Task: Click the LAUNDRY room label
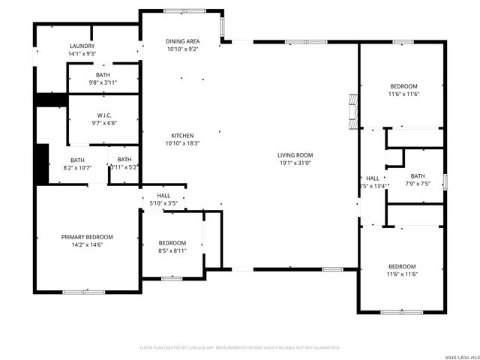82,46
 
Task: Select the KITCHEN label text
181,135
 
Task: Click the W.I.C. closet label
103,115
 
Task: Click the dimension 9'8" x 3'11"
103,82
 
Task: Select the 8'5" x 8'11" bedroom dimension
172,251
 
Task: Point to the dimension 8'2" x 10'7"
77,167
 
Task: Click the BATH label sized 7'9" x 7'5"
417,175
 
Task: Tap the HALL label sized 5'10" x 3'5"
163,195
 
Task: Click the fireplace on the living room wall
353,110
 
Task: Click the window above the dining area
180,10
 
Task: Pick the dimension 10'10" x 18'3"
181,142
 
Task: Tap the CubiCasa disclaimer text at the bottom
240,348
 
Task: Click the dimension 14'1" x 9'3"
82,54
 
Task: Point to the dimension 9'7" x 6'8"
103,123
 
